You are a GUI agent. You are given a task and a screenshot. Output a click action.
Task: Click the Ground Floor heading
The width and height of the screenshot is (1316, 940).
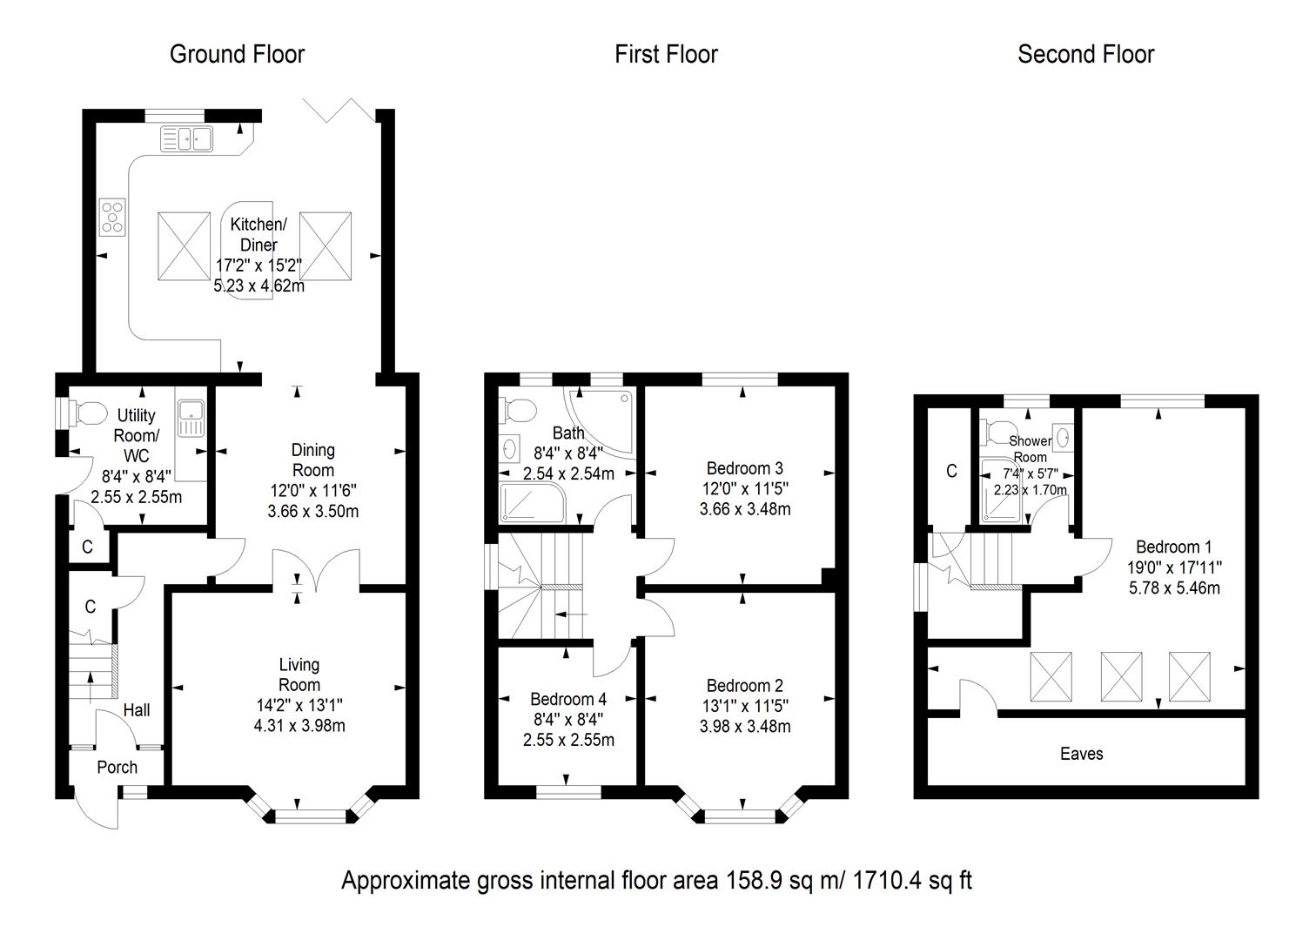point(237,54)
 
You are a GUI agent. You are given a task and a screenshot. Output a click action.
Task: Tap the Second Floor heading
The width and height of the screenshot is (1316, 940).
point(1085,54)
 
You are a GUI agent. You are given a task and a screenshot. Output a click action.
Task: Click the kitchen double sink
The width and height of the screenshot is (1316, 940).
point(187,138)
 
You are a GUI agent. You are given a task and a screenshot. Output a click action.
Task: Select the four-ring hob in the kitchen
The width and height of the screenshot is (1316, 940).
point(113,216)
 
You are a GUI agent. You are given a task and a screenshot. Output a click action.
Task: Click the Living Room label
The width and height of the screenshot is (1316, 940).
point(299,675)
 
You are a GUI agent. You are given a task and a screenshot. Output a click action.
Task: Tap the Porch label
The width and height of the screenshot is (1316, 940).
point(117,767)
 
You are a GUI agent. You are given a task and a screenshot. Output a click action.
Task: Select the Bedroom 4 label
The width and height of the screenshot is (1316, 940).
point(568,699)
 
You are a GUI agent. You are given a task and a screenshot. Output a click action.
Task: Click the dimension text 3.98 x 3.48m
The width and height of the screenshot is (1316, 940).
point(744,726)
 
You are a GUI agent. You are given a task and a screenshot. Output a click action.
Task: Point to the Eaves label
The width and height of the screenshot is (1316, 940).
point(1081,754)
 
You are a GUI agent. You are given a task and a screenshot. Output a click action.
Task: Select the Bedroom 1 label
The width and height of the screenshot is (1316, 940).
point(1173,547)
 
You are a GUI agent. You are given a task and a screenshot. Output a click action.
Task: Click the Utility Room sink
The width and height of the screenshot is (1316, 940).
point(189,418)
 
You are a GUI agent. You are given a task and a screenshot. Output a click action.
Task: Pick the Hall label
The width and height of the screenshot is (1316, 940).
point(136,710)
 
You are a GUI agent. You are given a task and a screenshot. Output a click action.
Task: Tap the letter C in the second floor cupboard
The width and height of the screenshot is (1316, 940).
point(951,471)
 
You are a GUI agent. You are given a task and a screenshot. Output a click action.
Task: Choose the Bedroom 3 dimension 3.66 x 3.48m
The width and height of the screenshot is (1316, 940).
point(744,509)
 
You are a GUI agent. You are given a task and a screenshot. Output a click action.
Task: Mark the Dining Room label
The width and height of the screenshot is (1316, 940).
point(312,460)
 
